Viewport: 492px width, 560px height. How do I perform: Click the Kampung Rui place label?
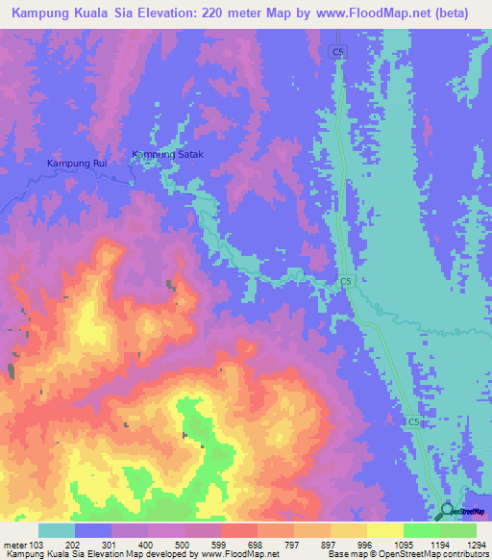coord(77,164)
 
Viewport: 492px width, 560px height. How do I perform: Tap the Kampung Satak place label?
coord(168,154)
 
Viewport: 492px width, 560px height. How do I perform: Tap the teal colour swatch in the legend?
coord(57,530)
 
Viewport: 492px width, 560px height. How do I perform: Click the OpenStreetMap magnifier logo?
coord(447,511)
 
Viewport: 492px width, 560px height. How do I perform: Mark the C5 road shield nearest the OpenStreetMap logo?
coord(413,422)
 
